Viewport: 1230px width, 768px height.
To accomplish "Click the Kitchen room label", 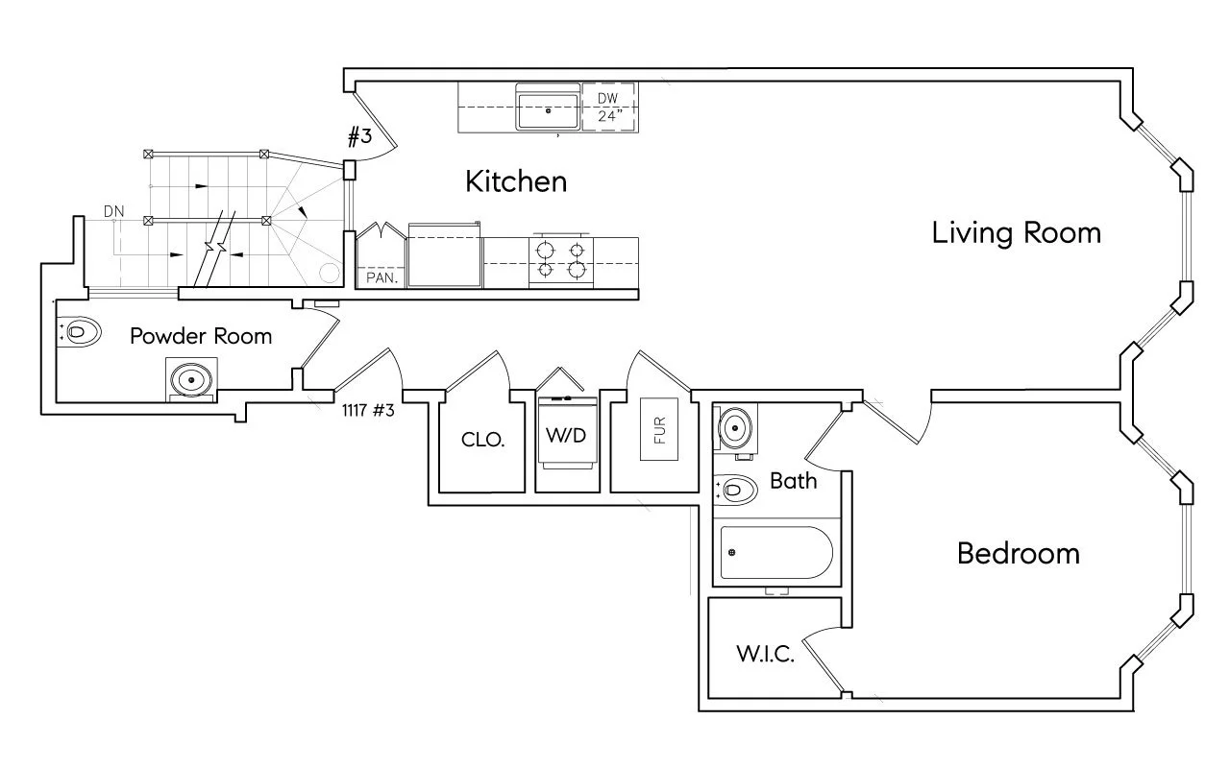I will tap(516, 181).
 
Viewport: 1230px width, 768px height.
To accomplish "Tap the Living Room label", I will tap(1016, 233).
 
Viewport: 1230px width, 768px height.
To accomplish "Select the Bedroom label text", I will tap(1018, 554).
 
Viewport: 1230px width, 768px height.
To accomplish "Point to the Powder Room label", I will tap(201, 337).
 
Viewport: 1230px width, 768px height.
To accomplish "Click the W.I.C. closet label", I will tap(765, 657).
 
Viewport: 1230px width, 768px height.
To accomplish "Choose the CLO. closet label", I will tap(483, 440).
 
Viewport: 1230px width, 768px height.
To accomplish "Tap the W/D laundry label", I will tap(567, 434).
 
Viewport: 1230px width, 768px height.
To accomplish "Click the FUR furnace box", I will tap(659, 425).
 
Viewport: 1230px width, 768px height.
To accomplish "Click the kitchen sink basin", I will tap(549, 110).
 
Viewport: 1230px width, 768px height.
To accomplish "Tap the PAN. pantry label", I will tap(381, 277).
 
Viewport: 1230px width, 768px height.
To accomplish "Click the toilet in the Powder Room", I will tap(81, 332).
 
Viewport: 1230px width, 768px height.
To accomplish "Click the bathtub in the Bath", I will tap(774, 554).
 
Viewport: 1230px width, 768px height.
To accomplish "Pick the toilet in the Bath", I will tap(735, 491).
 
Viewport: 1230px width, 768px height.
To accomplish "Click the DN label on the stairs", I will tap(114, 211).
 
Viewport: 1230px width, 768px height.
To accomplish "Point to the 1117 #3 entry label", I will tap(368, 410).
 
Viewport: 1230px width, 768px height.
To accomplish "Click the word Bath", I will tap(794, 480).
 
